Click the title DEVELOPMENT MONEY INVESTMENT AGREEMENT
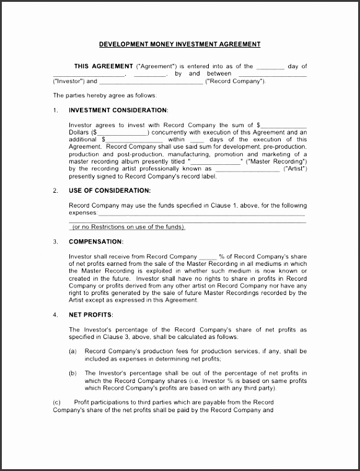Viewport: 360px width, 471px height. coord(180,44)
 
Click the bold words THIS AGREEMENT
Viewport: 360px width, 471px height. coord(103,66)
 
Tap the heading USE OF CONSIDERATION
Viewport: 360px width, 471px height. coord(109,190)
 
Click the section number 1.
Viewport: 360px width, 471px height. coord(55,110)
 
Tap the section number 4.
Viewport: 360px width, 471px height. coord(55,315)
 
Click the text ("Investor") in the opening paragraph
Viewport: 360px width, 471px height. coord(69,81)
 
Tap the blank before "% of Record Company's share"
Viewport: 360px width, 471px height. coord(208,257)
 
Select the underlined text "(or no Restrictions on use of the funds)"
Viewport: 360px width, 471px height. coord(128,227)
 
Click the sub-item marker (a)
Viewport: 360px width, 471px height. coord(72,351)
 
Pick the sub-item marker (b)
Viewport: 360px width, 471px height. coord(72,373)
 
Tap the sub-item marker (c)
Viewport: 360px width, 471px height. coord(58,402)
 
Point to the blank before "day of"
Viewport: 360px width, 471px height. coord(270,66)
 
